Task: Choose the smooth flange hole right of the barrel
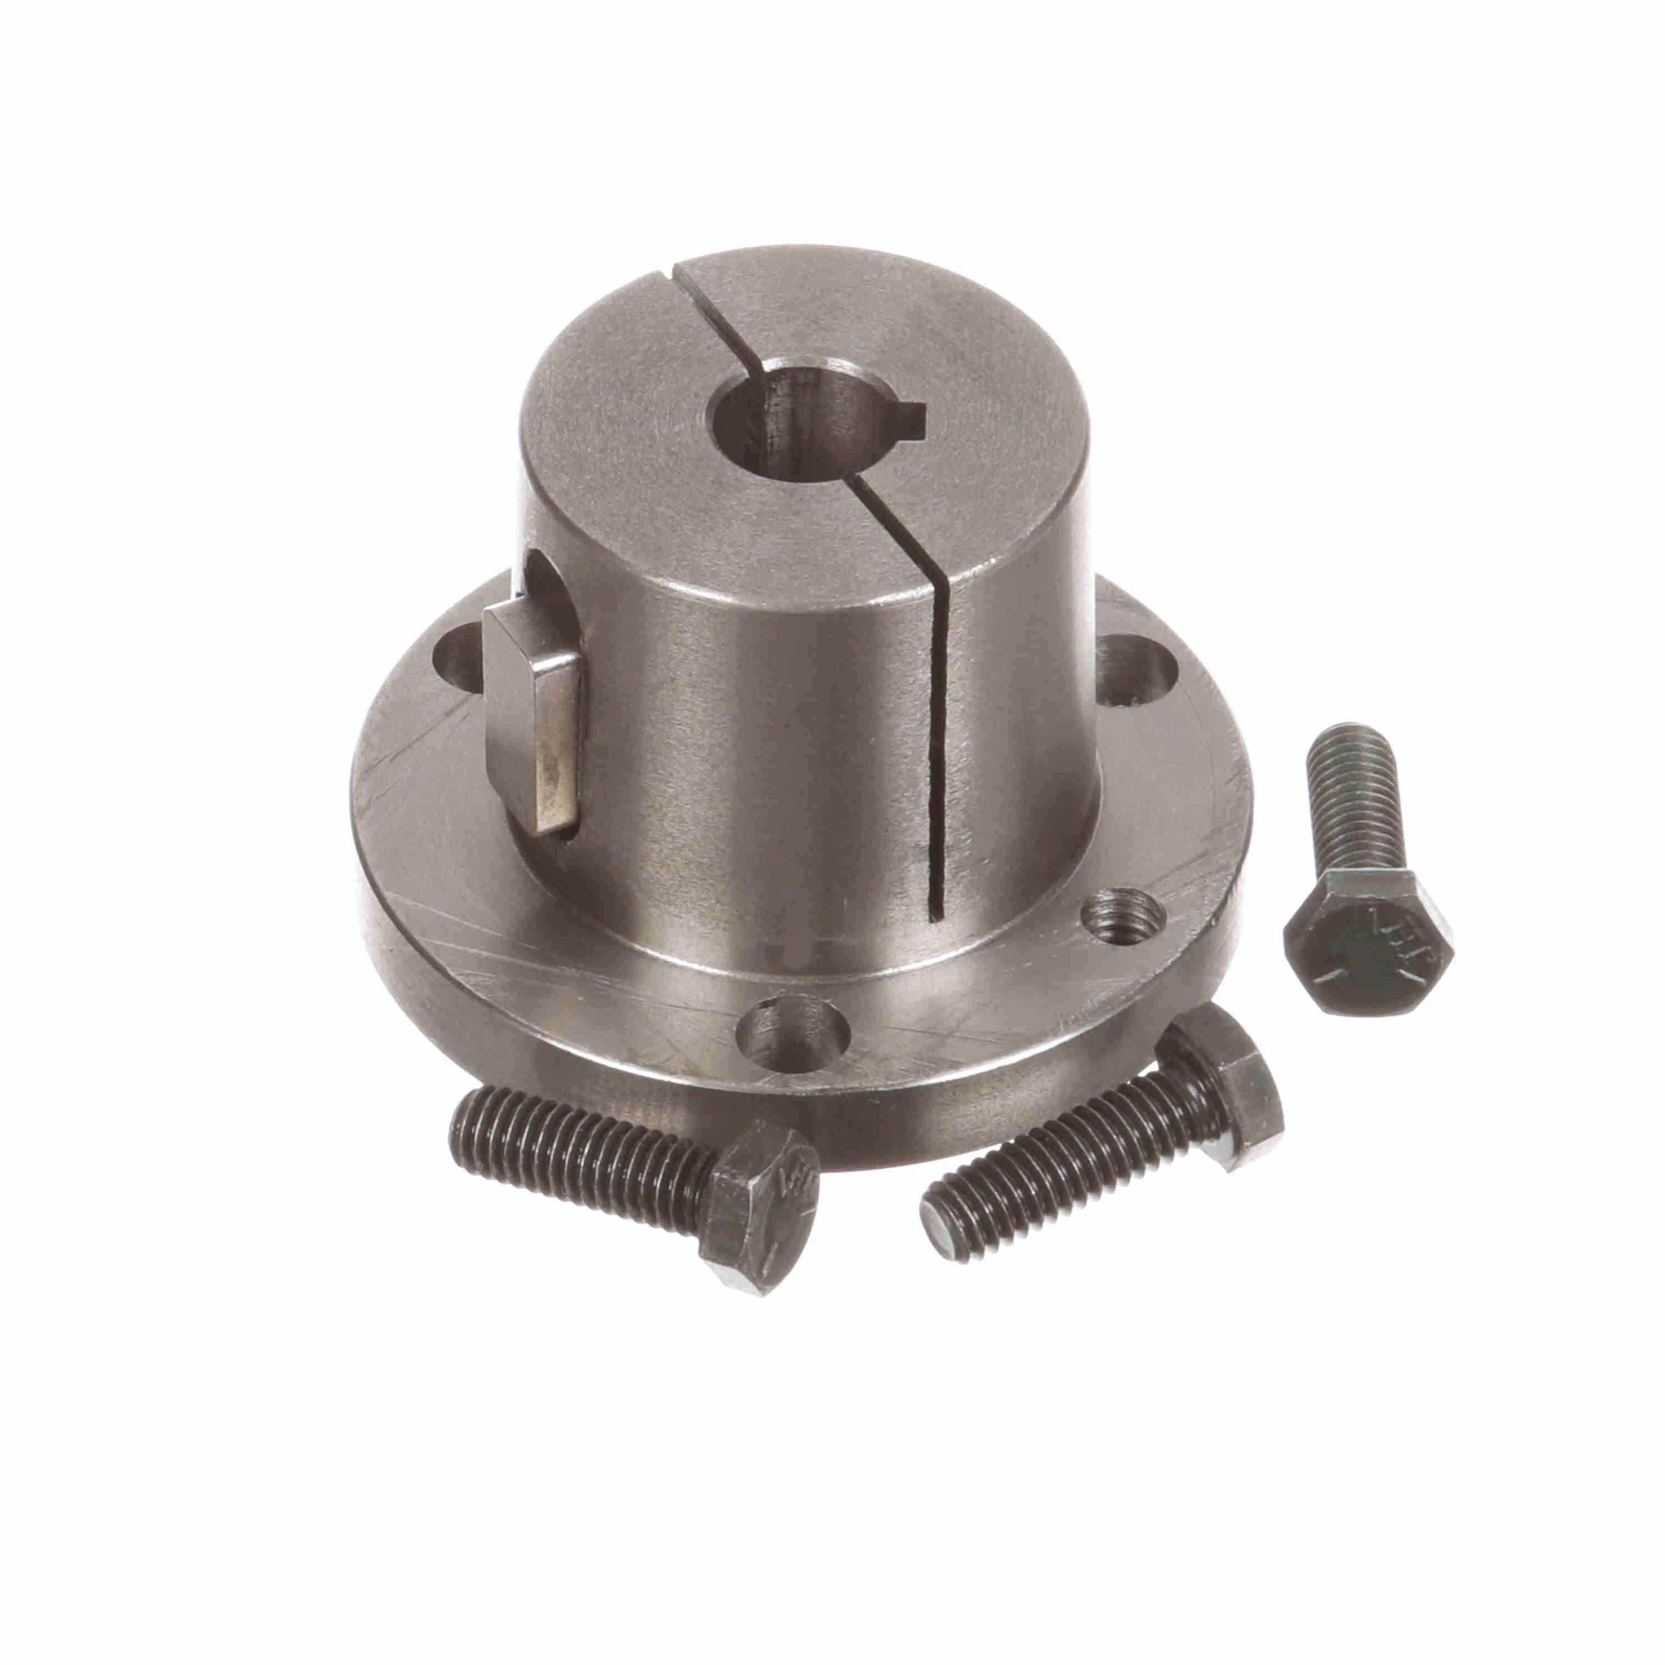coord(1138,668)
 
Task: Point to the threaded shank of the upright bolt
coord(1358,819)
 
